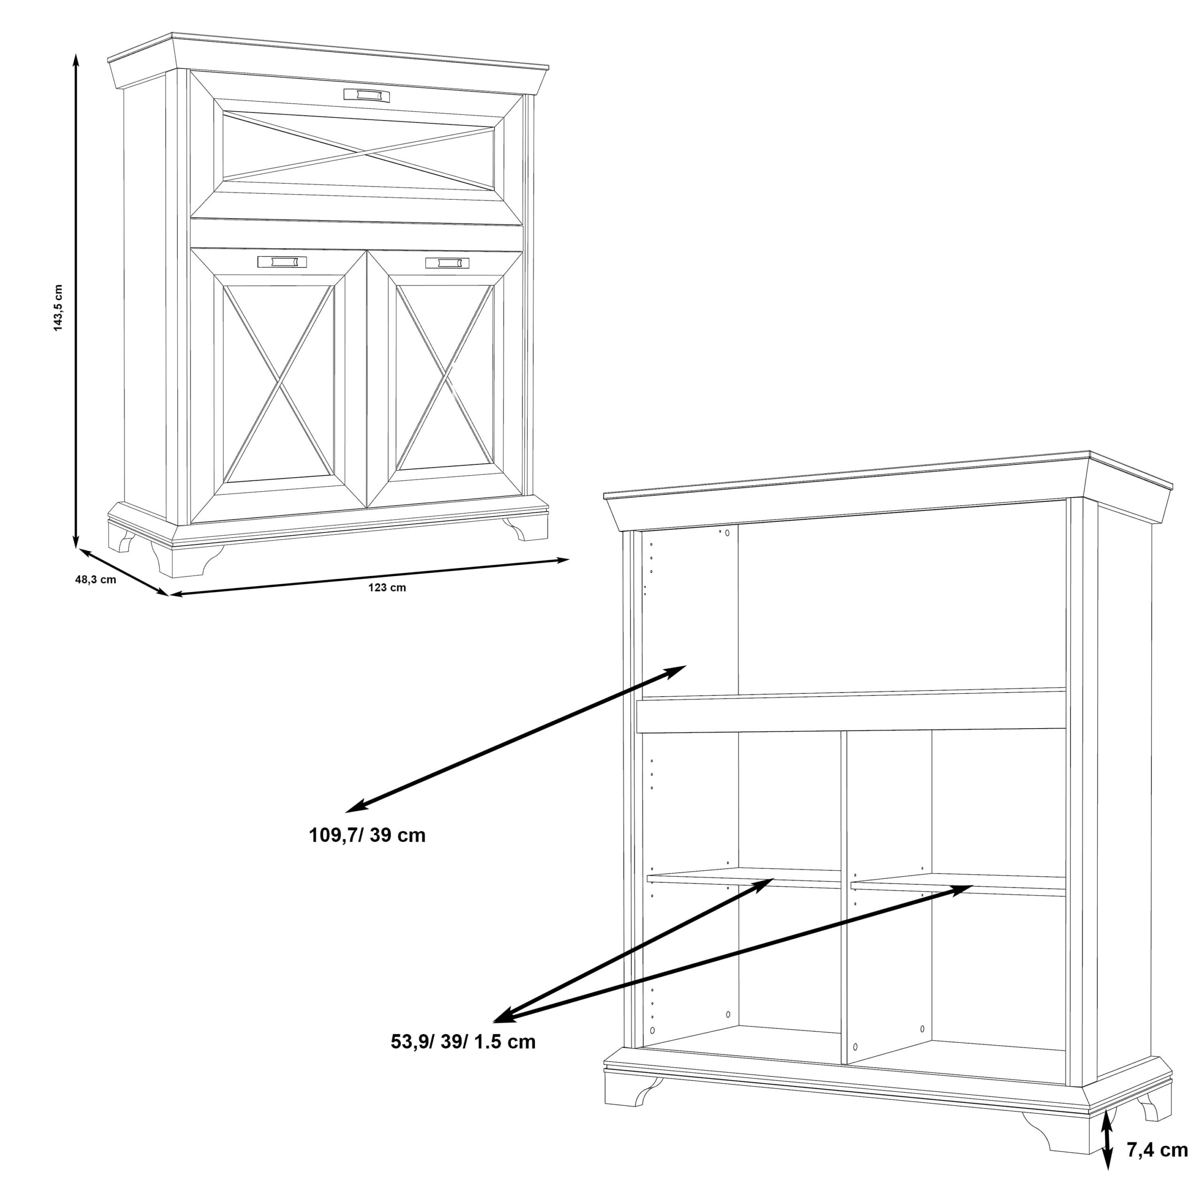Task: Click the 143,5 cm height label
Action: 59,308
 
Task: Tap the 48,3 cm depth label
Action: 96,580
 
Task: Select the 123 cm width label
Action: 387,587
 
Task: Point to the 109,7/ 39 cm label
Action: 367,835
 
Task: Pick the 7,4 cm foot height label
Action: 1157,1150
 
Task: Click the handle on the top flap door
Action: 367,94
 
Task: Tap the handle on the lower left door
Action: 282,262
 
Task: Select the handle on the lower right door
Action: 448,263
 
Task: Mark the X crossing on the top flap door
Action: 359,151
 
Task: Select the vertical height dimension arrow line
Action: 76,302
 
